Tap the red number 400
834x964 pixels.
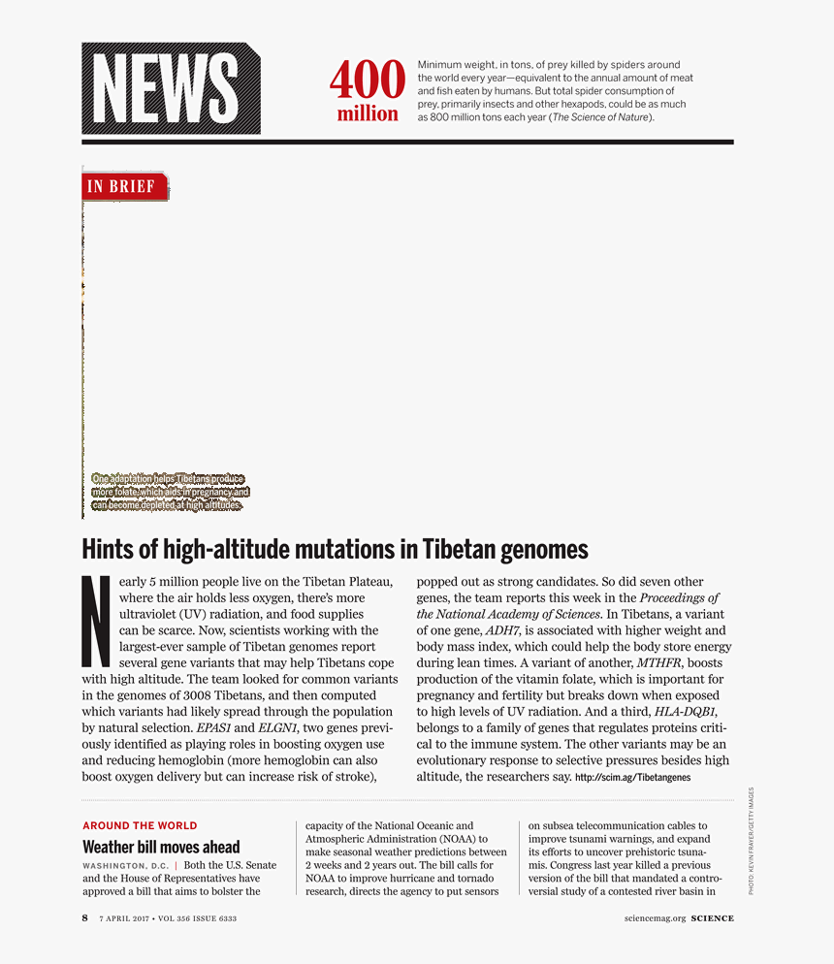pyautogui.click(x=367, y=80)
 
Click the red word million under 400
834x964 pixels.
pyautogui.click(x=368, y=114)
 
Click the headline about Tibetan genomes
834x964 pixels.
pyautogui.click(x=335, y=550)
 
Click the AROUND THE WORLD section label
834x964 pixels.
pyautogui.click(x=140, y=826)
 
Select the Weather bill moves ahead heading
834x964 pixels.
pyautogui.click(x=161, y=847)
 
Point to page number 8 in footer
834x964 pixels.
pyautogui.click(x=85, y=918)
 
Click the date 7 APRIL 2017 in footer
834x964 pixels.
pyautogui.click(x=133, y=918)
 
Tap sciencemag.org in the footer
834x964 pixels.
pyautogui.click(x=658, y=918)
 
